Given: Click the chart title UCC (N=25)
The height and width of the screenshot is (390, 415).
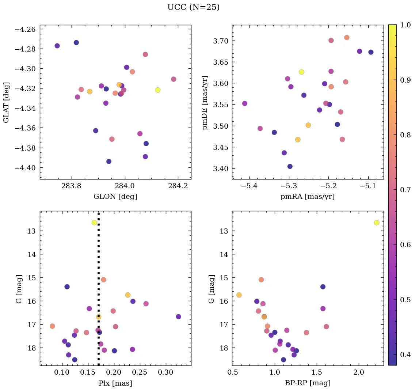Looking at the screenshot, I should pos(193,7).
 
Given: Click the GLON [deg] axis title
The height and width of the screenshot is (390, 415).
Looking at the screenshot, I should pos(115,197).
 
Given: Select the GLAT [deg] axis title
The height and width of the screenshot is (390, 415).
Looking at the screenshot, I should pos(6,102).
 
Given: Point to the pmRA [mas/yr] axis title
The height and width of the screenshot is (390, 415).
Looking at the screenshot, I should pos(308,197).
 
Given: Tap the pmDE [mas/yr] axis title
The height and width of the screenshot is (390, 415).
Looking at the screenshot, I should pos(205,102).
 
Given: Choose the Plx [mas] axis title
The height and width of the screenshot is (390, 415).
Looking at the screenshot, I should pos(115,383).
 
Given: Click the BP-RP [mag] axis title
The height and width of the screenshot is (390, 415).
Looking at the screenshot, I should pos(308,383).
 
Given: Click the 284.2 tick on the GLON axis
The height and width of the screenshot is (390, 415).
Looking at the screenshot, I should pos(178,186).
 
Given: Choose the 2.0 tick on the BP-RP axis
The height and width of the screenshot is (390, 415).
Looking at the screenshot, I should pos(359,372).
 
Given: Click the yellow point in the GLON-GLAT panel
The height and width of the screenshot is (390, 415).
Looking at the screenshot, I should pos(158,90).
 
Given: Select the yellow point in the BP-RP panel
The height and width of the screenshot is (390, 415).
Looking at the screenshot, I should pos(377,223).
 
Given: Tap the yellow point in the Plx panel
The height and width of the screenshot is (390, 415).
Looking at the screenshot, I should pos(94,223).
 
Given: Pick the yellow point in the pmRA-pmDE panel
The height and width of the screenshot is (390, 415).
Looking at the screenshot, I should pos(301,72).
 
